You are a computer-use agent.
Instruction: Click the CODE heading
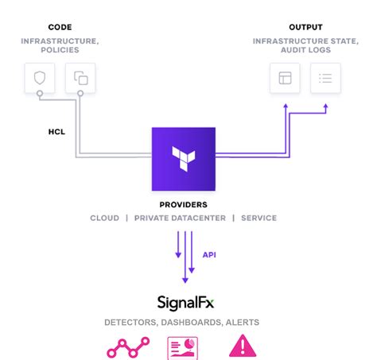coord(60,28)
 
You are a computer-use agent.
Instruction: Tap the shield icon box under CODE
coord(39,78)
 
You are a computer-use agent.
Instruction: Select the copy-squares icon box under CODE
coord(80,78)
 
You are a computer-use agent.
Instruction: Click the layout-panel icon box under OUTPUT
coord(285,78)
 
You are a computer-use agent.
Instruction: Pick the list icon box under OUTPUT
coord(325,78)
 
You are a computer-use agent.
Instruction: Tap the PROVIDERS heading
coord(184,204)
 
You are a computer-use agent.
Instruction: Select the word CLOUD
coord(104,218)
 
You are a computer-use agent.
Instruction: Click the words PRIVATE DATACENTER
coord(180,218)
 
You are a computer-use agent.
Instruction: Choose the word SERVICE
coord(259,218)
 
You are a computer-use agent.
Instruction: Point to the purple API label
coord(209,255)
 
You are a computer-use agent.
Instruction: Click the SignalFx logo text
coord(185,303)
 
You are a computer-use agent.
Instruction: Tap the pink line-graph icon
coord(129,347)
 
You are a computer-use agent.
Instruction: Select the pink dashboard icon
coord(184,347)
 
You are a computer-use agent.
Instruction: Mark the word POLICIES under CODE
coord(60,51)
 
